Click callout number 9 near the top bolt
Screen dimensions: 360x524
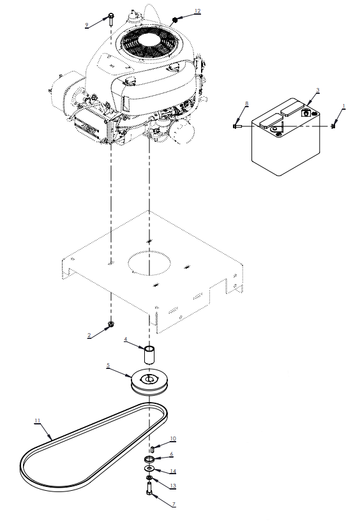(x=87, y=25)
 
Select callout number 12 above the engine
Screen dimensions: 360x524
(x=197, y=11)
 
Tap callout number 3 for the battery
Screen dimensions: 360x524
(x=318, y=90)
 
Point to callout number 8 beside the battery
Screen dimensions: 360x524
(x=246, y=103)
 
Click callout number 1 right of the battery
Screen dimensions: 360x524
(x=343, y=106)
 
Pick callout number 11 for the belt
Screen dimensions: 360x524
(x=37, y=421)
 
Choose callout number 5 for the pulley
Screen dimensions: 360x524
(x=108, y=365)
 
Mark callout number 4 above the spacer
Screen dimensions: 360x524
(x=126, y=340)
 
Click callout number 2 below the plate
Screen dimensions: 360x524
(x=89, y=336)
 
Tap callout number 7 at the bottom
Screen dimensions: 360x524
(x=174, y=505)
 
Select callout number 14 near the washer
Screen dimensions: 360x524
(x=173, y=471)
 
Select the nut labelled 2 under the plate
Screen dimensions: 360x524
(x=110, y=324)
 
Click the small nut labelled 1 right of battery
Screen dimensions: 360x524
(x=333, y=126)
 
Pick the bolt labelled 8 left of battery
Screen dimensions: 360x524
(x=237, y=126)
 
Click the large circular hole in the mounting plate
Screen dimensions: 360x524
(x=150, y=263)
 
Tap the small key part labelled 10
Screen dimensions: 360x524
(x=153, y=449)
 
